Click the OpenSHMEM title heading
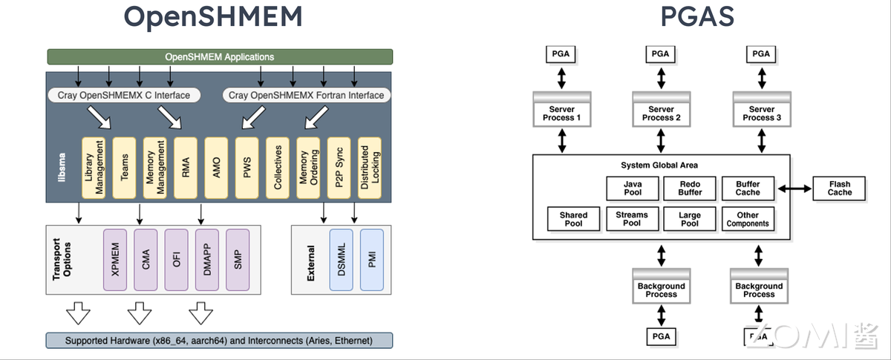214,16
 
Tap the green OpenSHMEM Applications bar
219,56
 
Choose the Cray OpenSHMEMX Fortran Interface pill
307,95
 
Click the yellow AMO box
216,168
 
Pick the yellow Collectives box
278,168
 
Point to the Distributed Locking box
369,168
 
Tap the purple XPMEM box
115,260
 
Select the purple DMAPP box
207,260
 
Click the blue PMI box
371,260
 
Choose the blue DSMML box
341,260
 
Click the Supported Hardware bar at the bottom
219,341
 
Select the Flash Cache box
840,189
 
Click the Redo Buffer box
690,189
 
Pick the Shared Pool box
573,219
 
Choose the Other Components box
748,219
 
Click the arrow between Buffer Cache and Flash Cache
793,189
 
